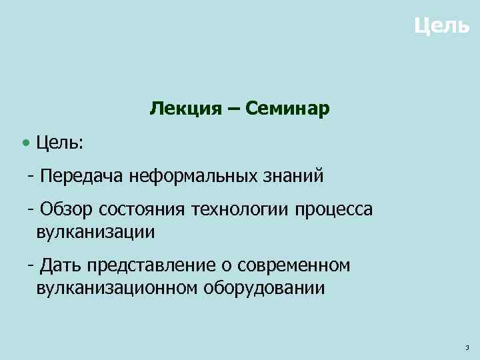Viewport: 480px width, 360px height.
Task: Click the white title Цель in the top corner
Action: [x=441, y=27]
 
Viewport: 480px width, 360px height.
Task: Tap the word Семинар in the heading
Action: [x=287, y=108]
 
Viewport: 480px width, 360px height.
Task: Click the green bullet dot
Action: [x=25, y=142]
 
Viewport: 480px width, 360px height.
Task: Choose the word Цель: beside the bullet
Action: [x=59, y=142]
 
